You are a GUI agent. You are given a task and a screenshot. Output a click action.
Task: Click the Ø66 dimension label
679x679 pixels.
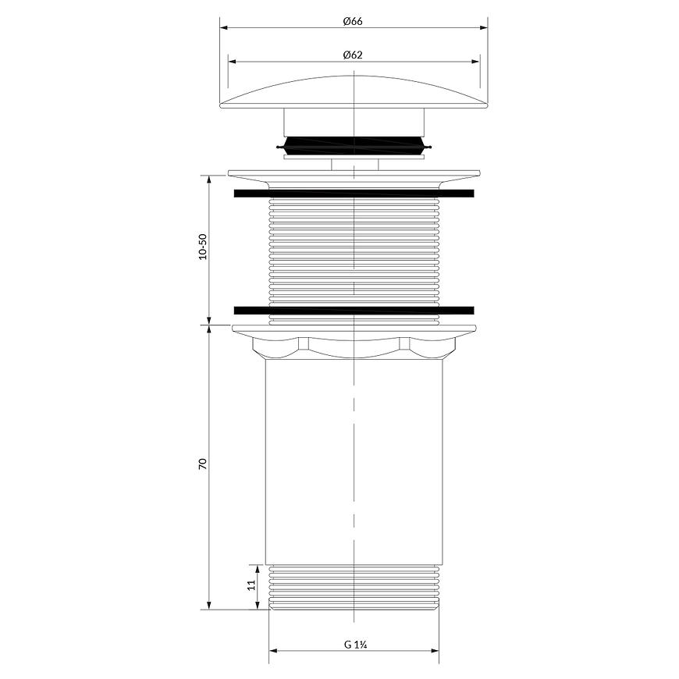(353, 21)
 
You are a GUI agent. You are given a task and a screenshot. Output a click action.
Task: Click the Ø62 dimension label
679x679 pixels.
(353, 55)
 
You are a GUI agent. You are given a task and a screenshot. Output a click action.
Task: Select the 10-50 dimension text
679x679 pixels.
(203, 247)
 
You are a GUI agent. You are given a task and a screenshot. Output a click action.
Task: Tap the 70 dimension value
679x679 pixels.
(203, 464)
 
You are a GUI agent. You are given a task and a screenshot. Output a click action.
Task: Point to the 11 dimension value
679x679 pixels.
(251, 585)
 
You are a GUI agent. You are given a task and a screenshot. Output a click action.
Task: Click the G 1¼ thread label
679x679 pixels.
(356, 645)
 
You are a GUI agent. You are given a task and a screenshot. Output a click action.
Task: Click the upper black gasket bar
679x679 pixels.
(354, 193)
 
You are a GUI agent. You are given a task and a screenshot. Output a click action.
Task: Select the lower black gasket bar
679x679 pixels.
(354, 310)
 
